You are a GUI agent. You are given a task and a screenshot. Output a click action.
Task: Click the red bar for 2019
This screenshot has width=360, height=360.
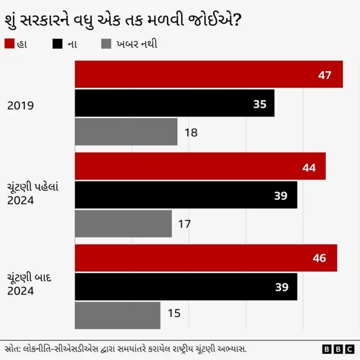point(209,74)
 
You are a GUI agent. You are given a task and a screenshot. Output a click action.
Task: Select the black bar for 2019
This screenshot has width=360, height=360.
point(174,103)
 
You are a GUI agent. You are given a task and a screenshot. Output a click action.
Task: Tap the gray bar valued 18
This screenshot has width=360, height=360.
point(126,132)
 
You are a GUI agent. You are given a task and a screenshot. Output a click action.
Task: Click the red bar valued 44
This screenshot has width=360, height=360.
point(200,166)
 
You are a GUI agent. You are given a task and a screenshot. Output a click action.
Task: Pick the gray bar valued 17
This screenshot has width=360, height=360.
point(123,224)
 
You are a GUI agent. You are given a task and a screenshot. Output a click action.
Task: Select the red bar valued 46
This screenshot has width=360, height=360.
point(206,258)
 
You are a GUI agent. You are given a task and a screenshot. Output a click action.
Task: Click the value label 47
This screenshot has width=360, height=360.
point(325,75)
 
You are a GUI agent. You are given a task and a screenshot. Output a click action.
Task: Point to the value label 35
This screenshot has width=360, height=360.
point(259,104)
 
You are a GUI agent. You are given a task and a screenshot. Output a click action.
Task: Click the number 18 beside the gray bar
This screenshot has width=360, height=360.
point(191,133)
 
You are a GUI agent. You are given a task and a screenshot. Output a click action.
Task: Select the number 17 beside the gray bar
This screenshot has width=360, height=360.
point(184,224)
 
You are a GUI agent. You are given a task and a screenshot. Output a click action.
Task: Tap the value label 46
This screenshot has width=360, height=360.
point(319,259)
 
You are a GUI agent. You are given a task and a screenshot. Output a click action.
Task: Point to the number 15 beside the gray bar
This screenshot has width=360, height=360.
point(174,313)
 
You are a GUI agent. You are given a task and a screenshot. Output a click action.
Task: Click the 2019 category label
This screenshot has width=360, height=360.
point(21,105)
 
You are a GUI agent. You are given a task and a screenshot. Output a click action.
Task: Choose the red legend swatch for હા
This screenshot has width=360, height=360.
point(8,43)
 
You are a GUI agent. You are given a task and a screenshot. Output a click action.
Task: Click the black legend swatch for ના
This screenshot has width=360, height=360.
point(57,43)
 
